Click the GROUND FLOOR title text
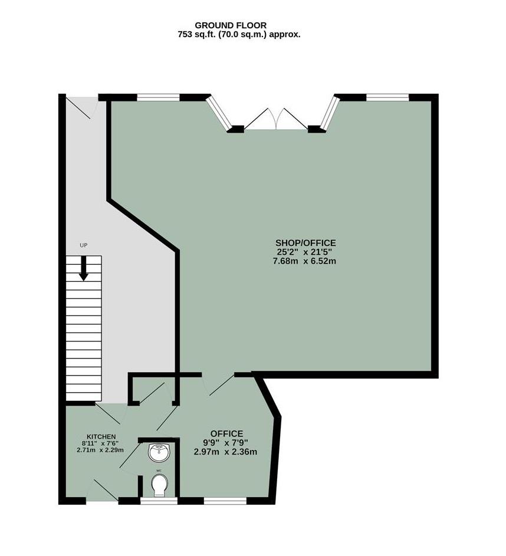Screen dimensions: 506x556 [231, 25]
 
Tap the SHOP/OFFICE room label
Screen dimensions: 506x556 [305, 243]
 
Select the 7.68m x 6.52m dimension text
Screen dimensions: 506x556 [305, 261]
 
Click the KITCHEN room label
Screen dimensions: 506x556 [101, 436]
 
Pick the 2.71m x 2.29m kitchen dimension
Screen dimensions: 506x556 [100, 450]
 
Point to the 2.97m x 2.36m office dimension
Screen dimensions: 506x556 [225, 452]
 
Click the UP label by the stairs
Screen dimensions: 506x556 [83, 245]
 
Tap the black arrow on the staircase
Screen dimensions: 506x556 [84, 268]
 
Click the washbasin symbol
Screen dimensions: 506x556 [160, 452]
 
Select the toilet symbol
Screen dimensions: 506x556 [160, 486]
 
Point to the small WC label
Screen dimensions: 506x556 [159, 471]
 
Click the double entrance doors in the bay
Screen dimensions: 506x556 [276, 119]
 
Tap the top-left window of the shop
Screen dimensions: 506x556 [158, 97]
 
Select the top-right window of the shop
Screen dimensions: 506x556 [387, 97]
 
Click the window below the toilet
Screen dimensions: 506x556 [159, 501]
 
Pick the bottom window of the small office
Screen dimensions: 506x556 [225, 501]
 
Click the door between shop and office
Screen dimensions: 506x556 [218, 384]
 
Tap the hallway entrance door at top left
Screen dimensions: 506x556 [81, 108]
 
